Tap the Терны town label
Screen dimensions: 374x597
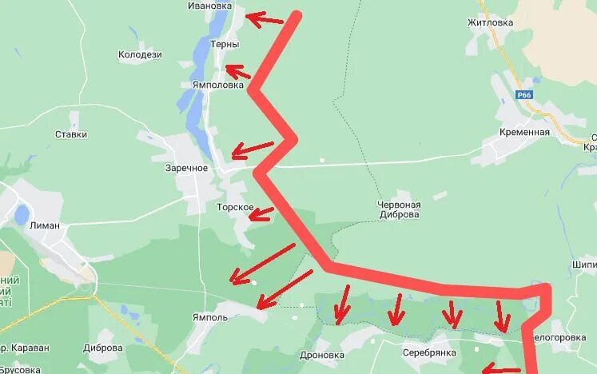pos(224,45)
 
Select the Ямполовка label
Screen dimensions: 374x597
pos(217,85)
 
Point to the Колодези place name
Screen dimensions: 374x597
pos(140,55)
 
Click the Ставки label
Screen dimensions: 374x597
pos(71,134)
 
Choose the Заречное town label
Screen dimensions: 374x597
pos(186,168)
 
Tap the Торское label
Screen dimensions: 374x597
pos(235,208)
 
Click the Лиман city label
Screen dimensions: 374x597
pos(44,225)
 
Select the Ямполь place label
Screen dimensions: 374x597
pos(211,317)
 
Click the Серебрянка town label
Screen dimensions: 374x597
pos(429,352)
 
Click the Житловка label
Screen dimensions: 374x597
pos(512,22)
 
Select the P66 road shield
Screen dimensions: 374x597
pos(524,94)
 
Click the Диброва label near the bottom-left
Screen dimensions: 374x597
pos(103,348)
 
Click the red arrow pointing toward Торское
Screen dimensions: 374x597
pos(261,213)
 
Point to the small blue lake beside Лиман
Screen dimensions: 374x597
pos(22,214)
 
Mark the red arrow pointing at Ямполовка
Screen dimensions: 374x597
pos(238,72)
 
